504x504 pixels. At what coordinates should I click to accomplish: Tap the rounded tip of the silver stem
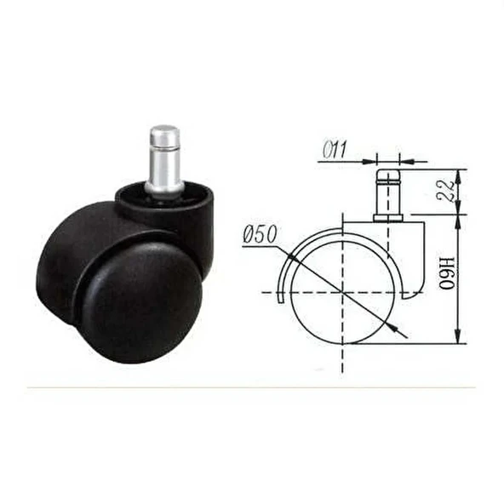(x=164, y=133)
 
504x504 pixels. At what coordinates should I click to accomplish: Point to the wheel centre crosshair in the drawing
(x=342, y=293)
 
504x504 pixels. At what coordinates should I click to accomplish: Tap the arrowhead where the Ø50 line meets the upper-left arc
(x=291, y=258)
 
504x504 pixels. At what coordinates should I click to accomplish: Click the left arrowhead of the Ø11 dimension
(x=374, y=159)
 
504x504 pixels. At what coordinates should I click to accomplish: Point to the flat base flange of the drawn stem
(x=388, y=219)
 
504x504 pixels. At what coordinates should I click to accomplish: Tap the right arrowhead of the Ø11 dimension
(x=404, y=159)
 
